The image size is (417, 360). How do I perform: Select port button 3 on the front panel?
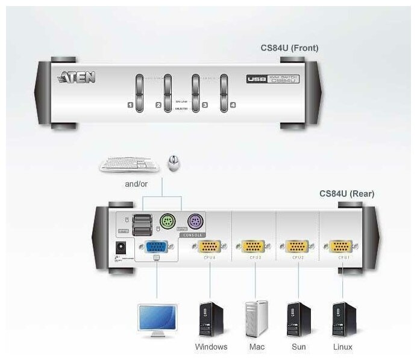click(x=195, y=92)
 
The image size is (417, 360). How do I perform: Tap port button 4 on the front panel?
click(x=225, y=92)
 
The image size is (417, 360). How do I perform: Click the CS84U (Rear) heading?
click(x=347, y=194)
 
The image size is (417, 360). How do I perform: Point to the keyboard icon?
click(x=127, y=164)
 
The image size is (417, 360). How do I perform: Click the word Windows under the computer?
click(x=211, y=347)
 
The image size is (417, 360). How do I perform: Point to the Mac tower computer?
click(x=256, y=319)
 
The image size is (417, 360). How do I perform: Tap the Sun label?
click(x=299, y=347)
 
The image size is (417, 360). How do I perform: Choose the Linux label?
click(x=342, y=347)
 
